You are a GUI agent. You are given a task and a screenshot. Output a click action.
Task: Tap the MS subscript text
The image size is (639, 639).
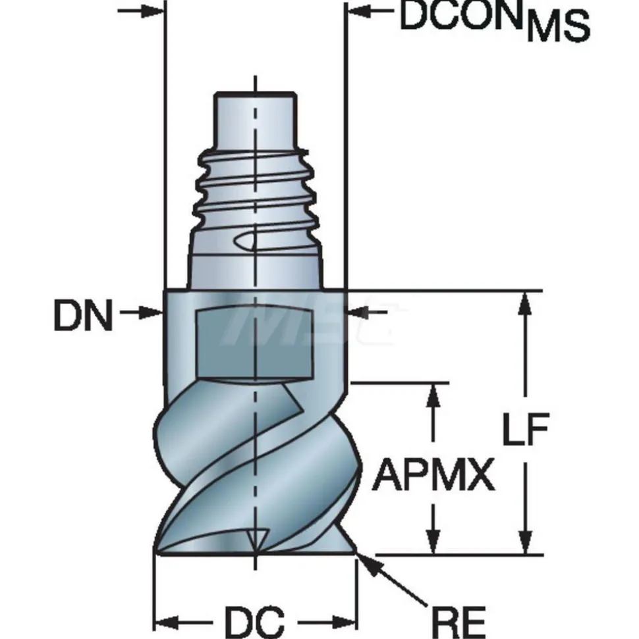coord(558,27)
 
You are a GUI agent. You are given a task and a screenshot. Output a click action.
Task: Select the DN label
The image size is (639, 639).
coord(83,315)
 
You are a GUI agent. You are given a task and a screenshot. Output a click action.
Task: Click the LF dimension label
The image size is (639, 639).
coord(525,429)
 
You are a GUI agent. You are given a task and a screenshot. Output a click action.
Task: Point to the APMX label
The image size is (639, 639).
coord(433,475)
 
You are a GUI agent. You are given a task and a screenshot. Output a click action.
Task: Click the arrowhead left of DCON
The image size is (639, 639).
coord(356,11)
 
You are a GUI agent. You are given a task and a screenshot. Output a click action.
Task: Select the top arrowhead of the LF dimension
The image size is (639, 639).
coord(526,303)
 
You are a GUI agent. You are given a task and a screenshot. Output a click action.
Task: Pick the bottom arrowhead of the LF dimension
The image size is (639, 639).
coord(526,543)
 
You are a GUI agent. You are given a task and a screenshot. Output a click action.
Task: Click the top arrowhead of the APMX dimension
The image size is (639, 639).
coord(433,394)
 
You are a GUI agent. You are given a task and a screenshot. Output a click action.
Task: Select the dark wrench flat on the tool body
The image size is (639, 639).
coord(255,344)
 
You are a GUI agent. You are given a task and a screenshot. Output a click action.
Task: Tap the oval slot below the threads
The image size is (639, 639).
coord(245,241)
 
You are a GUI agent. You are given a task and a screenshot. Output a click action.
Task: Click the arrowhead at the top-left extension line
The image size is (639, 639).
coord(152,11)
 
